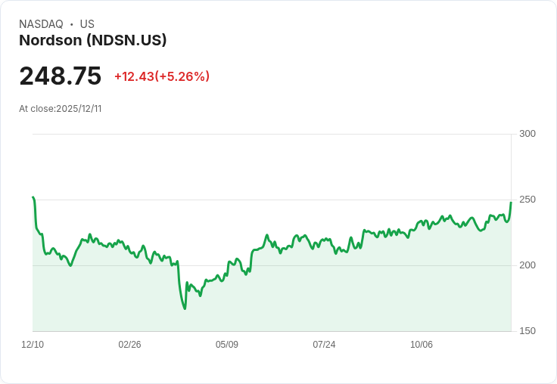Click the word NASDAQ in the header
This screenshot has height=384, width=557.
click(41, 24)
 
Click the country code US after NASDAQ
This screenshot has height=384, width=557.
click(87, 24)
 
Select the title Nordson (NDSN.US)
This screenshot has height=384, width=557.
click(92, 41)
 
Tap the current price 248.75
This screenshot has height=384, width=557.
click(61, 76)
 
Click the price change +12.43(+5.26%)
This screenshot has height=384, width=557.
click(162, 76)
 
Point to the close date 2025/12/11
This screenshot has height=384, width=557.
click(79, 109)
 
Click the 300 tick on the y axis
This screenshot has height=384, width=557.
click(527, 134)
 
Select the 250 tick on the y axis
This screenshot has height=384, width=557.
click(527, 200)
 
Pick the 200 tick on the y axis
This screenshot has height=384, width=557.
click(527, 265)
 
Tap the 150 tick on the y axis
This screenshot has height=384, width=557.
click(527, 331)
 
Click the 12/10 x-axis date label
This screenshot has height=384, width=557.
click(33, 345)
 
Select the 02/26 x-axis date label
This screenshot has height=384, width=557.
click(129, 345)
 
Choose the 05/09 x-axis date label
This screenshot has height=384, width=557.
click(227, 345)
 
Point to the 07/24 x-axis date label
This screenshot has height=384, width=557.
click(324, 345)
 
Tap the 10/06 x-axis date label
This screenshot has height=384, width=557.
click(422, 345)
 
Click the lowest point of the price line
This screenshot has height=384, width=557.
click(185, 308)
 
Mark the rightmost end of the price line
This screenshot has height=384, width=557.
click(511, 202)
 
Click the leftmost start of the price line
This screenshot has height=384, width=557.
click(33, 197)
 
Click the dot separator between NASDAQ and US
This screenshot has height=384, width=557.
click(72, 24)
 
